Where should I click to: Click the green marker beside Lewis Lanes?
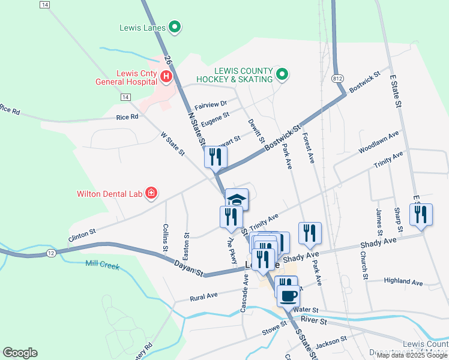click(x=175, y=26)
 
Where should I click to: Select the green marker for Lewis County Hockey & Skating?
click(x=282, y=75)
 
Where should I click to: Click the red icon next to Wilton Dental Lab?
click(x=151, y=193)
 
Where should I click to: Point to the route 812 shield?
click(x=337, y=79)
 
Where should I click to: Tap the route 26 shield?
click(x=169, y=61)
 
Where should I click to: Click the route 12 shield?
click(x=51, y=254)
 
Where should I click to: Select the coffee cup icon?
click(x=289, y=295)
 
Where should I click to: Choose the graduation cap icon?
click(x=237, y=199)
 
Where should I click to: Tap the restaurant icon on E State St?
click(x=421, y=214)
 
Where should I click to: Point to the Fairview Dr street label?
click(x=214, y=103)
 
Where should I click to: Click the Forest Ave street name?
click(x=309, y=148)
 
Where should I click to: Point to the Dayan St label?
click(x=189, y=268)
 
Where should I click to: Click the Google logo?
click(x=20, y=353)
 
